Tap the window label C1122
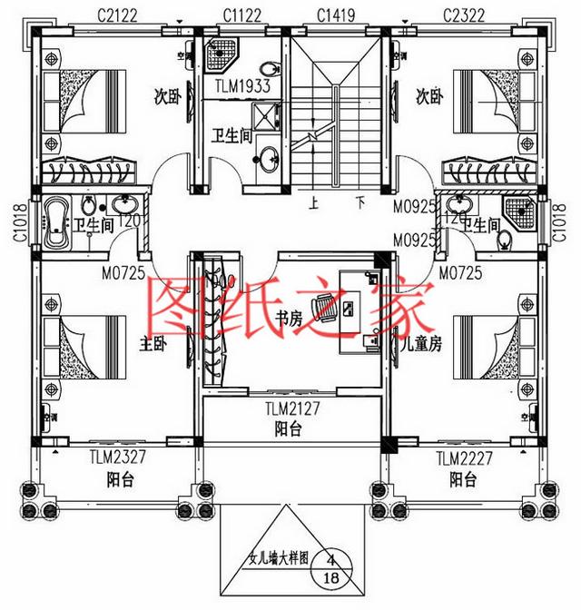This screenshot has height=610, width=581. (x=240, y=15)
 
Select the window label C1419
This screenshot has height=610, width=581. (x=336, y=15)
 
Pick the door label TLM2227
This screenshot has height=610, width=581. (x=463, y=458)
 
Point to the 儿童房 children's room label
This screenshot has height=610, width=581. (x=421, y=344)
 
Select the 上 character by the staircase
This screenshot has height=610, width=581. (x=313, y=205)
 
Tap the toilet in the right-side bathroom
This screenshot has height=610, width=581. (x=504, y=240)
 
